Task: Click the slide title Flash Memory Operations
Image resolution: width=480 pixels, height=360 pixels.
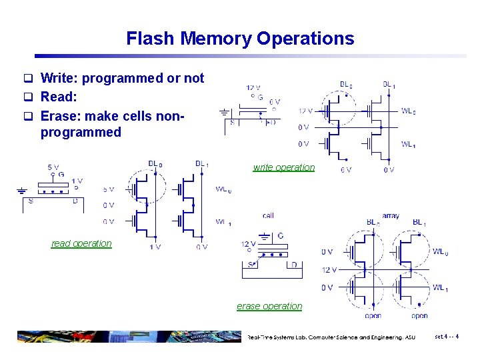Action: (x=240, y=39)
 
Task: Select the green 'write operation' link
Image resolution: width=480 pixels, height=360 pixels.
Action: (x=283, y=167)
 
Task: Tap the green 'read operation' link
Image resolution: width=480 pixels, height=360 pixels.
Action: (x=81, y=243)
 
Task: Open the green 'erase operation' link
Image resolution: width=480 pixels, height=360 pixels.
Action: (x=269, y=306)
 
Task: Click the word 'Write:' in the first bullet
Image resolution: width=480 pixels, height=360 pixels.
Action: (x=60, y=78)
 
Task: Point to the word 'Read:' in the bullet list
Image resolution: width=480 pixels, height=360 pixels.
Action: (x=59, y=97)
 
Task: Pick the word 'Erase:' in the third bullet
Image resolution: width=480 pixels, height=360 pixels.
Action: (x=61, y=115)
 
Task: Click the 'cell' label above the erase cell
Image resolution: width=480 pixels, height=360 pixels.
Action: (x=268, y=215)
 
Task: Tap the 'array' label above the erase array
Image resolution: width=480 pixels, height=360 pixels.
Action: (x=391, y=215)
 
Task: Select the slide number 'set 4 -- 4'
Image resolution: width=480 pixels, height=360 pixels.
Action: (x=446, y=337)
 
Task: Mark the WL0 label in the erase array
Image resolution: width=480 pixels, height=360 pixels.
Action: (x=440, y=252)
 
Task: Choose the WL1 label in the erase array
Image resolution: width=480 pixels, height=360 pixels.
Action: (x=440, y=288)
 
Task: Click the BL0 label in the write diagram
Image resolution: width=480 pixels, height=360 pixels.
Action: (x=346, y=85)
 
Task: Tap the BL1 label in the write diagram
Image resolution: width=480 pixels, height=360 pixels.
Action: (x=388, y=85)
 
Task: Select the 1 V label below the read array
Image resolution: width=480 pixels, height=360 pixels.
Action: (x=155, y=247)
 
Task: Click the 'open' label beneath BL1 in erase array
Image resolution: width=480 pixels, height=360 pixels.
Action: (x=419, y=315)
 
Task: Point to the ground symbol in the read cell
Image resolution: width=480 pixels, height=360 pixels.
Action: (x=21, y=189)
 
